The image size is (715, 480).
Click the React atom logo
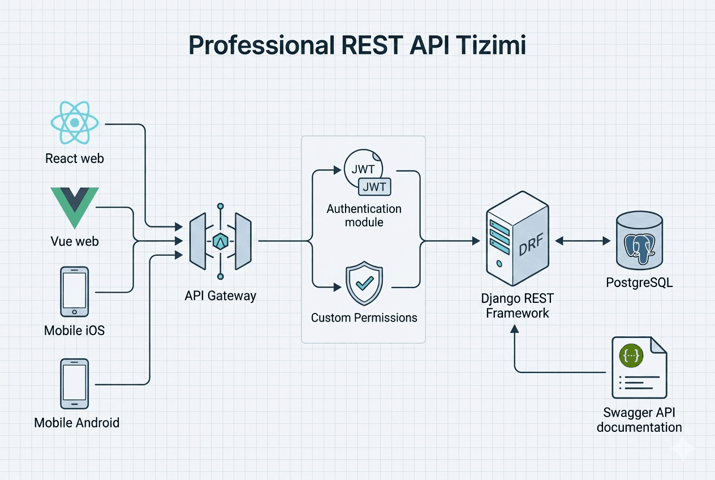coord(75,123)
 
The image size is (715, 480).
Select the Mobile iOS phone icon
coord(75,292)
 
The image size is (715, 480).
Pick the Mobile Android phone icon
coord(75,384)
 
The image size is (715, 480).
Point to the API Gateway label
coord(220,296)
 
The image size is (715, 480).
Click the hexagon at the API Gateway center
coord(220,242)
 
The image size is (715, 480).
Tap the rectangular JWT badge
coord(374,187)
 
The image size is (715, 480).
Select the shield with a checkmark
coord(364,283)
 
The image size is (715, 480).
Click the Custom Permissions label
coord(364,318)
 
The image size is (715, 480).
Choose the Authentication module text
coord(364,216)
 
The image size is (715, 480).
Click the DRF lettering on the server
coord(531,245)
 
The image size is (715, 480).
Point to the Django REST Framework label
coord(518,306)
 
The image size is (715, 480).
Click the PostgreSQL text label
coord(639,282)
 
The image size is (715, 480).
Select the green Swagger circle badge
coord(631,355)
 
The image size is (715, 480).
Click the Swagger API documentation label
coord(639,420)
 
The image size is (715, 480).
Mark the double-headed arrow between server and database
coord(583,241)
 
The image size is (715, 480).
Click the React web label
coord(75,158)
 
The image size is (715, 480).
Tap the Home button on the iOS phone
coord(74,312)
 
